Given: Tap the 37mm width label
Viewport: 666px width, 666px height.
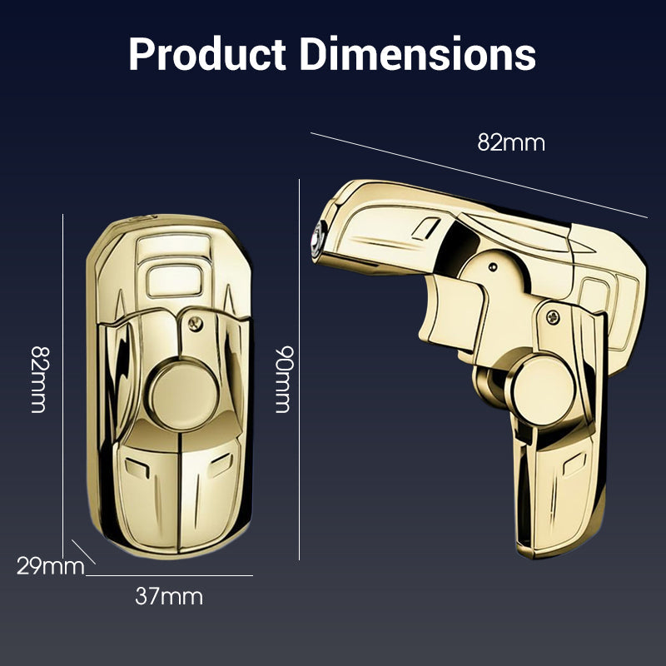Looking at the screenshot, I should coord(169,596).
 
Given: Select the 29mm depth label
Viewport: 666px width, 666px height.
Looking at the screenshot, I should coord(50,567).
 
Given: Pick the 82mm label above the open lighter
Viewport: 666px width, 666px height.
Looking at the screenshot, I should coord(510,142).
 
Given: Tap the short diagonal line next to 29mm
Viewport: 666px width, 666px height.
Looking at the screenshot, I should coord(84,552).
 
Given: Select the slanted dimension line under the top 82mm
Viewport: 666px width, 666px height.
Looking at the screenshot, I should coord(479,174).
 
